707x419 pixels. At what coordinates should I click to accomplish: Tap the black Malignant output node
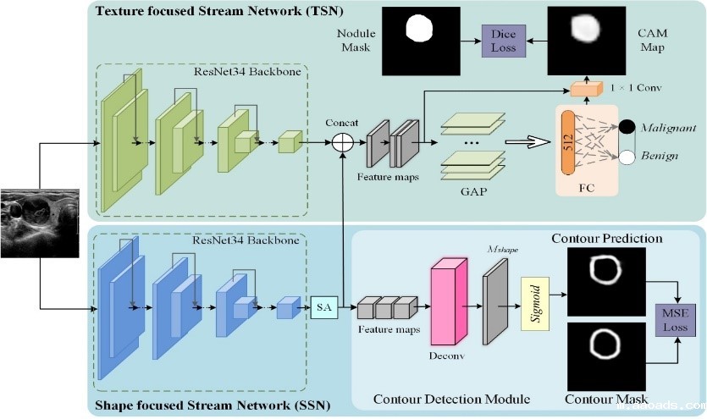tap(627, 128)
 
